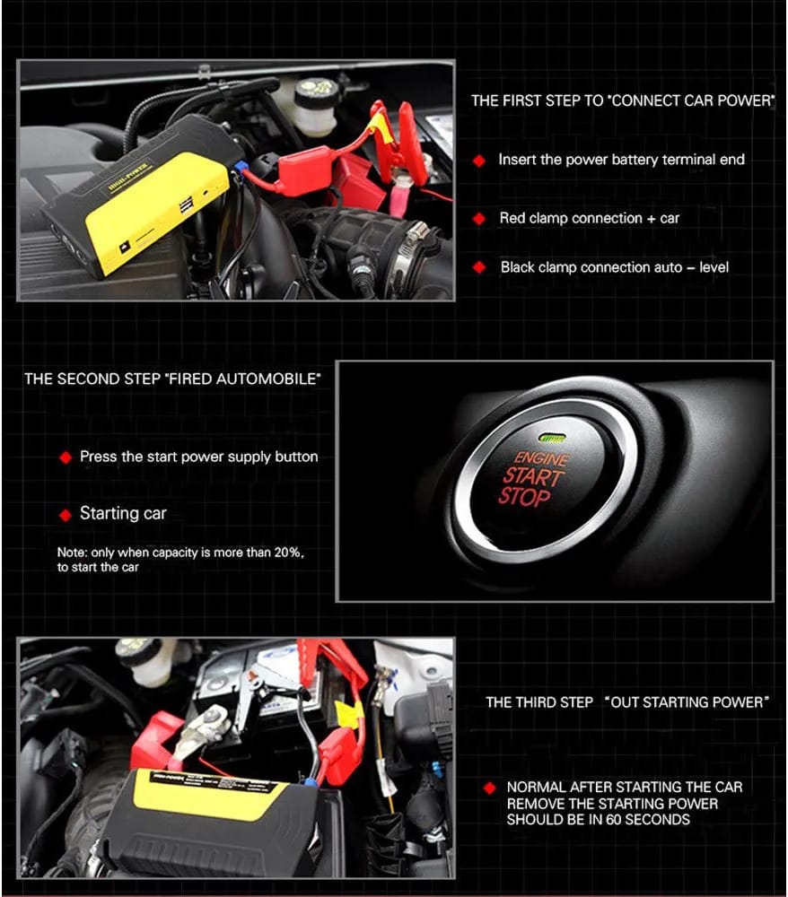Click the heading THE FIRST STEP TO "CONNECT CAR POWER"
pyautogui.click(x=622, y=101)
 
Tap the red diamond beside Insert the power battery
pyautogui.click(x=479, y=161)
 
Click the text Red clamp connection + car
pyautogui.click(x=589, y=218)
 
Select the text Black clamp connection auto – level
pyautogui.click(x=614, y=267)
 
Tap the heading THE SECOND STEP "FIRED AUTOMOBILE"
pyautogui.click(x=171, y=379)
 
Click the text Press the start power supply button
pyautogui.click(x=198, y=457)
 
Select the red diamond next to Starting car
pyautogui.click(x=65, y=515)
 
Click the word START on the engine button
pyautogui.click(x=532, y=477)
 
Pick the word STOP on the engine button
pyautogui.click(x=524, y=497)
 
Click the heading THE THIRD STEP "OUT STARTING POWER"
pyautogui.click(x=626, y=702)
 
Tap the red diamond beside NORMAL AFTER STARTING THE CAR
pyautogui.click(x=489, y=788)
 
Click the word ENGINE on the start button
pyautogui.click(x=542, y=458)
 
